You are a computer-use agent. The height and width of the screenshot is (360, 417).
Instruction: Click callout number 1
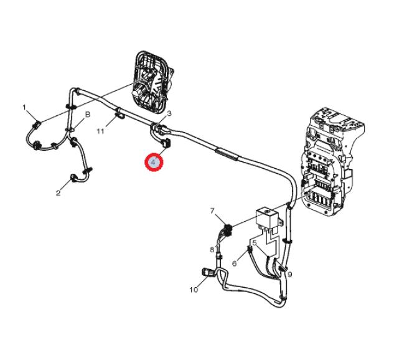[24, 108]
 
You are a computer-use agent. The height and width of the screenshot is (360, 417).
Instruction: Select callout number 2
[58, 193]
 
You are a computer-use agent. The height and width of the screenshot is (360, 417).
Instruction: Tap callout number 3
[169, 113]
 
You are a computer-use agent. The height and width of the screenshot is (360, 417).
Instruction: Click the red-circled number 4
[154, 163]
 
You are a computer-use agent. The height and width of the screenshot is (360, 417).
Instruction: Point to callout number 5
[255, 243]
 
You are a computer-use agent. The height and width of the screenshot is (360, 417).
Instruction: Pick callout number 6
[234, 263]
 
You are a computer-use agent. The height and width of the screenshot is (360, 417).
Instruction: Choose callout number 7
[212, 211]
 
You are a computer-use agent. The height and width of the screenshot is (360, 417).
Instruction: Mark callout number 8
[212, 250]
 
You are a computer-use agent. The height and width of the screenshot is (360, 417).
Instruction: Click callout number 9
[290, 274]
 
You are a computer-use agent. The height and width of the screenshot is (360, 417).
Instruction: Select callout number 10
[194, 290]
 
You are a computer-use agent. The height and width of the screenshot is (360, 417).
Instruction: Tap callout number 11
[100, 131]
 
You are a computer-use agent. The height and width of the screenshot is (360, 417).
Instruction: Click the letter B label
[88, 115]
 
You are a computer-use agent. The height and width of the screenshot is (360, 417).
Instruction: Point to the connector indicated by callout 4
[166, 143]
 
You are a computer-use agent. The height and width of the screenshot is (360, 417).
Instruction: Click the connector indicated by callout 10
[208, 272]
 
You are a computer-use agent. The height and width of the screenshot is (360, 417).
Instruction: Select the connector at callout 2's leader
[73, 178]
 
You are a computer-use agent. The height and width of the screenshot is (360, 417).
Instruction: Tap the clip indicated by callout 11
[119, 115]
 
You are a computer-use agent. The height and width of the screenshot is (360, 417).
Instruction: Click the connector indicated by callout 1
[36, 124]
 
